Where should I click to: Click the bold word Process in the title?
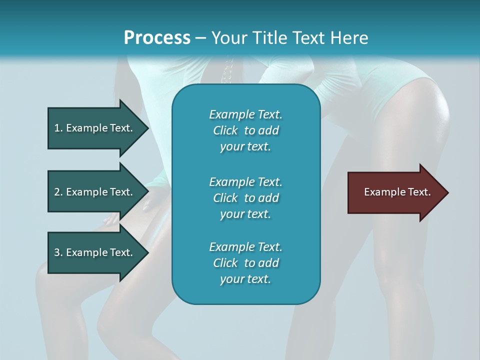click(x=157, y=38)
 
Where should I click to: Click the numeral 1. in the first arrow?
click(x=58, y=128)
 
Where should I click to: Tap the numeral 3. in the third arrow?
click(x=58, y=253)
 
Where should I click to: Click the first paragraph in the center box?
click(x=245, y=130)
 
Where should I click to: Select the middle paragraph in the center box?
click(x=245, y=198)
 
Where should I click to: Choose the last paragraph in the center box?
click(x=245, y=263)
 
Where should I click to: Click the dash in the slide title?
click(x=201, y=38)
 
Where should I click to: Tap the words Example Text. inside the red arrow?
click(x=397, y=192)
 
